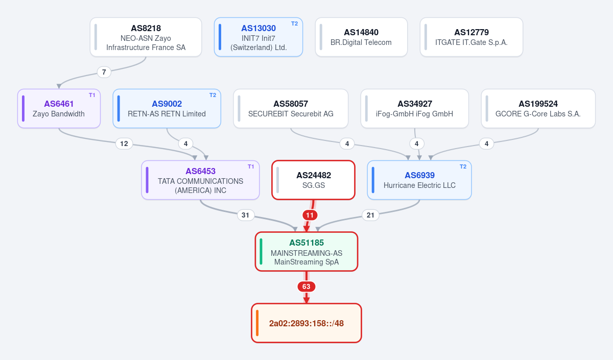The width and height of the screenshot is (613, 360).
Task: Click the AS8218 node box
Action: pyautogui.click(x=146, y=37)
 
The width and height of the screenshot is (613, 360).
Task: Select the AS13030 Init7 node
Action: pyautogui.click(x=258, y=37)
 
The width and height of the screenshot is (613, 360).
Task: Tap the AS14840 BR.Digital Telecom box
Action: pyautogui.click(x=361, y=37)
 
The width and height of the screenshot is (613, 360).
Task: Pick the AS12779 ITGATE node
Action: pyautogui.click(x=471, y=37)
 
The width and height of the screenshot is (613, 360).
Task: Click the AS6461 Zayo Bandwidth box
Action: pyautogui.click(x=59, y=109)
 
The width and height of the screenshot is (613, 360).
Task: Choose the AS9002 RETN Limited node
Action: pyautogui.click(x=167, y=109)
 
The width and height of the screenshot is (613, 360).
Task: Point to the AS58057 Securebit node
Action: pyautogui.click(x=291, y=109)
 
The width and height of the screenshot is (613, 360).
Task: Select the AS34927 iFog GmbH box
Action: pyautogui.click(x=415, y=109)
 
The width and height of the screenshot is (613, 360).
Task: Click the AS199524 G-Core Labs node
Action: pyautogui.click(x=538, y=109)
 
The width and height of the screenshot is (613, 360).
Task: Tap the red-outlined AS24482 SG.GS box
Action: pyautogui.click(x=313, y=180)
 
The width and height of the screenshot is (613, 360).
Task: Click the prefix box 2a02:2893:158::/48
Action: pyautogui.click(x=306, y=323)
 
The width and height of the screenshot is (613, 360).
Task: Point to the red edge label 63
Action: pyautogui.click(x=306, y=286)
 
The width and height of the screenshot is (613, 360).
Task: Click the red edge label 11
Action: pyautogui.click(x=310, y=215)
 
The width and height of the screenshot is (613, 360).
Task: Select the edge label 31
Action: pyautogui.click(x=246, y=215)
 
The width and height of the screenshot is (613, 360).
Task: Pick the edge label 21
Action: pyautogui.click(x=370, y=215)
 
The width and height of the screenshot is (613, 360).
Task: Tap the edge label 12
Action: pyautogui.click(x=124, y=143)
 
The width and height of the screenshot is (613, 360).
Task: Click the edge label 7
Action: pyautogui.click(x=104, y=72)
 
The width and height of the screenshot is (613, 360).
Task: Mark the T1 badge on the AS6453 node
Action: pyautogui.click(x=251, y=166)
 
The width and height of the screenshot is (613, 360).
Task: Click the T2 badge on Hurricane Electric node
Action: pyautogui.click(x=463, y=166)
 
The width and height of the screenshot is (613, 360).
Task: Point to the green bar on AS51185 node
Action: pyautogui.click(x=261, y=251)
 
